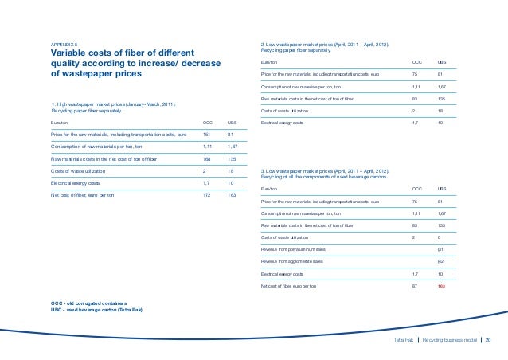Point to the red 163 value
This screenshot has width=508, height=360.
click(441, 284)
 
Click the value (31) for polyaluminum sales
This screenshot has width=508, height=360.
click(441, 249)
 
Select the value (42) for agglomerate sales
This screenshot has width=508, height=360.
click(441, 260)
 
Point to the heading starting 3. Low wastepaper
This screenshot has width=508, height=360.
click(324, 171)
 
